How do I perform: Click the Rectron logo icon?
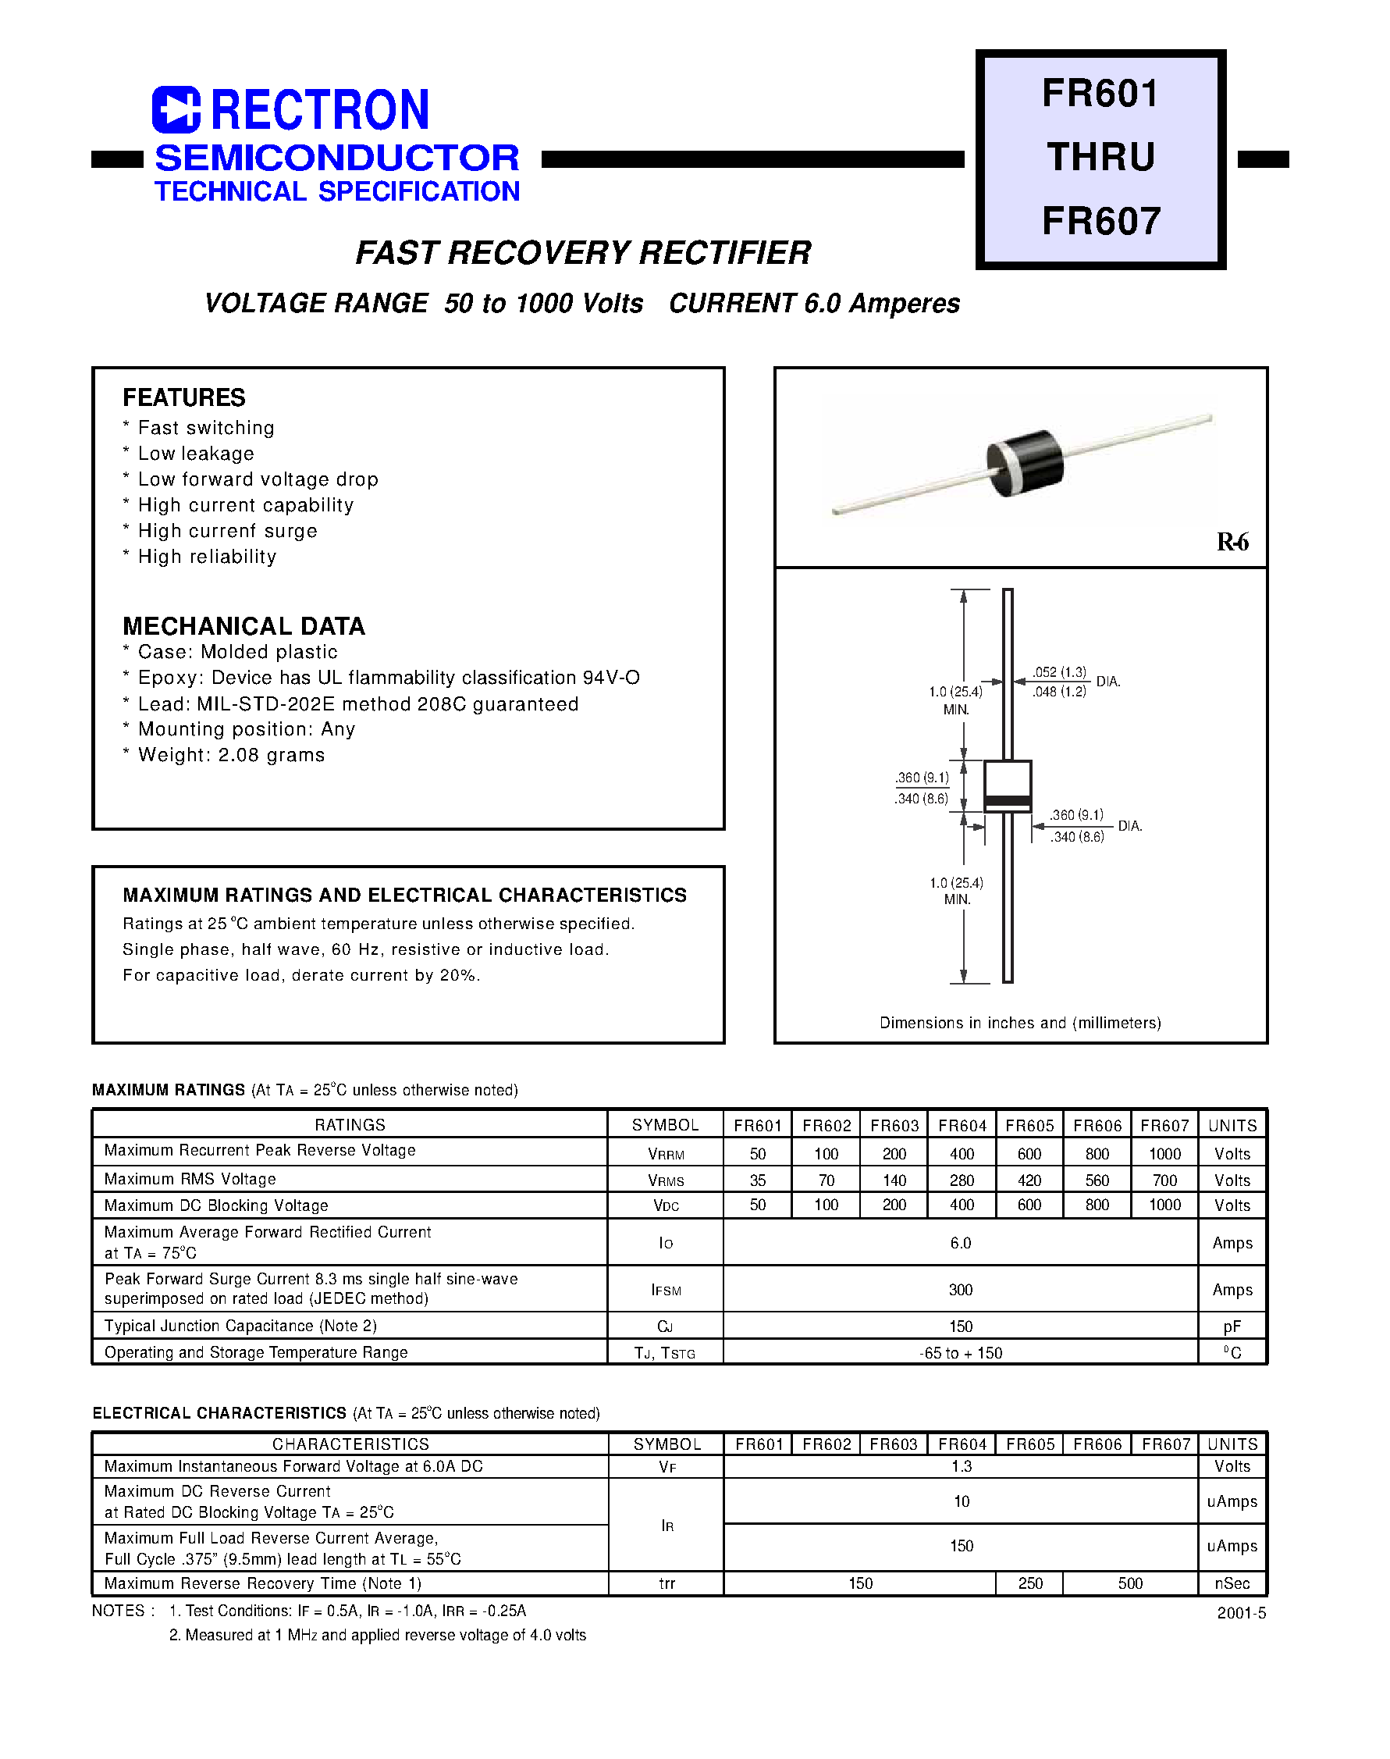tap(176, 109)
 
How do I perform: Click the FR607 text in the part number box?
tap(1100, 222)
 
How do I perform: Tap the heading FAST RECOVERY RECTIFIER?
tap(583, 252)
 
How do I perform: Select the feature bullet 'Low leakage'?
tap(195, 454)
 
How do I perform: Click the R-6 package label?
tap(1232, 541)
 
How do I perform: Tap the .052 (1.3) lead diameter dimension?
tap(1059, 672)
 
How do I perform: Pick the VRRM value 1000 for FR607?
tap(1164, 1154)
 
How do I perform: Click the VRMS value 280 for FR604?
tap(962, 1180)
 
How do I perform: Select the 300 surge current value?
tap(960, 1289)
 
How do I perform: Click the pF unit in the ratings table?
tap(1232, 1326)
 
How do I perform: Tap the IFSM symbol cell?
tap(665, 1290)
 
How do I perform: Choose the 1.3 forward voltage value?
tap(961, 1466)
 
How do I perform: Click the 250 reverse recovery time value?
tap(1029, 1583)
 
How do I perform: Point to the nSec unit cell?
tap(1232, 1583)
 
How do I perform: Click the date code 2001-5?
tap(1241, 1613)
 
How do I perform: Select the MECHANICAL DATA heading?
tap(244, 626)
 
